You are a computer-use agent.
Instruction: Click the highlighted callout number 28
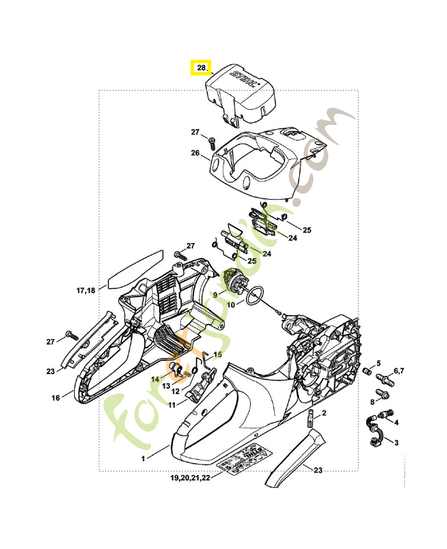[x=201, y=68]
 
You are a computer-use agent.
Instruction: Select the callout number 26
[x=195, y=154]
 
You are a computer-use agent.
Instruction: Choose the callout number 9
[x=215, y=294]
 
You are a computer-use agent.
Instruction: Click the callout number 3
[x=397, y=443]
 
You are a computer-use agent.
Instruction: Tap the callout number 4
[x=397, y=422]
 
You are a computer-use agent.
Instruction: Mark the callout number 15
[x=218, y=355]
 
